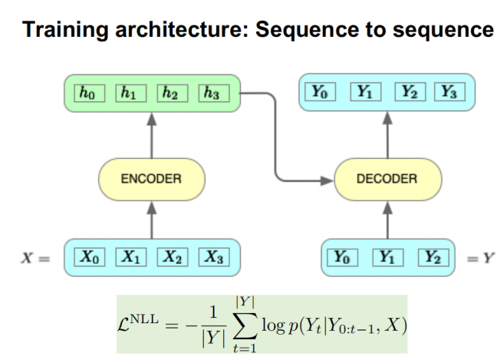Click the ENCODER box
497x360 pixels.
point(150,179)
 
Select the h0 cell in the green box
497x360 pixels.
point(88,94)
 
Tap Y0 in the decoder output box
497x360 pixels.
point(321,94)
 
